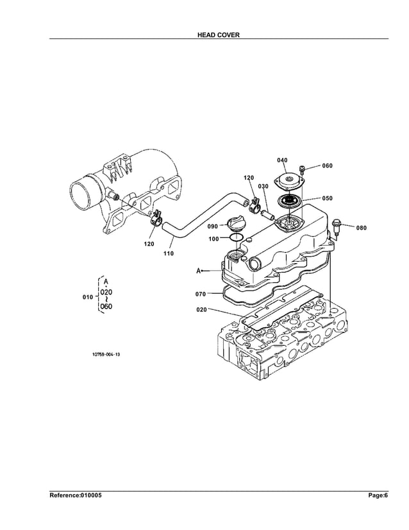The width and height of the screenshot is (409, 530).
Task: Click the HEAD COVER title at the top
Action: tap(219, 35)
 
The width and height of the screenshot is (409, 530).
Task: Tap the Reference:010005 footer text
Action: tap(76, 495)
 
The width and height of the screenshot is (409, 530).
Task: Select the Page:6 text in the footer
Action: tap(378, 495)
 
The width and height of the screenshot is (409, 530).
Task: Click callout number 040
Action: tap(282, 160)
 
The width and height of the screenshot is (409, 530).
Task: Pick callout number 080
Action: tap(361, 228)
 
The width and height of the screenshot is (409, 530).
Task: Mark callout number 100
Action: tap(214, 239)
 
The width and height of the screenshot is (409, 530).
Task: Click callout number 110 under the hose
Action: tap(168, 253)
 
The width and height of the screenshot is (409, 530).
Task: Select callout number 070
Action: tap(201, 294)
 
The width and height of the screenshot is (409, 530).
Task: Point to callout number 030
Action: tap(263, 186)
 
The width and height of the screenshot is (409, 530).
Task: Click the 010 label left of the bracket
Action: tap(88, 298)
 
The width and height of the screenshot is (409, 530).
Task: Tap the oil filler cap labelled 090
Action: tap(235, 225)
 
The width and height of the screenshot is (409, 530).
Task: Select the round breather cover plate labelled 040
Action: tap(288, 181)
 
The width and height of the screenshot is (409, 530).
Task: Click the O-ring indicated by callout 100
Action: tap(236, 238)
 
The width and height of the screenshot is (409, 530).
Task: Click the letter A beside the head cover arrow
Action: tap(199, 271)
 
